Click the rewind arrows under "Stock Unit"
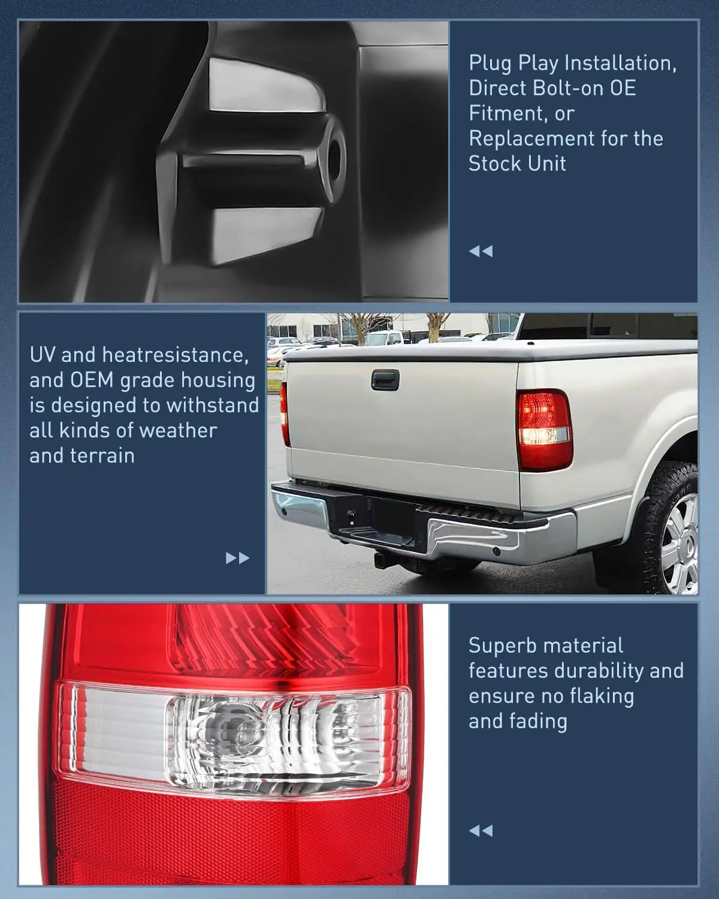(x=481, y=251)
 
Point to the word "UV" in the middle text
(x=42, y=355)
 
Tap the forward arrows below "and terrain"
(x=237, y=559)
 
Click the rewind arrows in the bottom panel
(x=481, y=831)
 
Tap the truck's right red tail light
(x=543, y=429)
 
